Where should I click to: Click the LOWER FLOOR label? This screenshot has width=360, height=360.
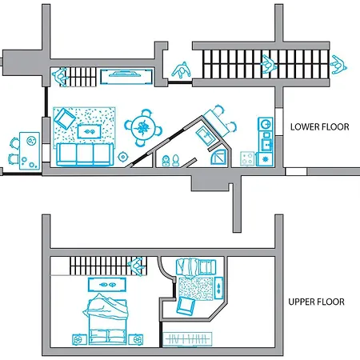click(320, 127)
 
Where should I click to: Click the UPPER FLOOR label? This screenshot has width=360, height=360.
click(316, 302)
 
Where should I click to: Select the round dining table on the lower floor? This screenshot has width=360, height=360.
click(143, 128)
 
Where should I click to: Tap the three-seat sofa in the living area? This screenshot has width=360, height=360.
click(85, 154)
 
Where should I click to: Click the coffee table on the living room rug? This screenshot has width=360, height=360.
click(90, 131)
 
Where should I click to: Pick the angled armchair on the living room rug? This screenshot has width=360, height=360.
click(64, 118)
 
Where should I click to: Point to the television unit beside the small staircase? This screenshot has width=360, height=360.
click(126, 77)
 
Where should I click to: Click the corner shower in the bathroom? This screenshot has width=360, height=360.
click(218, 158)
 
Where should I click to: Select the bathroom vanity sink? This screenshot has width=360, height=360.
click(205, 136)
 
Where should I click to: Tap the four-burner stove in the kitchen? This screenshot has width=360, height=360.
click(248, 158)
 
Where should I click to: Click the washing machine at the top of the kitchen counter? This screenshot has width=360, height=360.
click(266, 124)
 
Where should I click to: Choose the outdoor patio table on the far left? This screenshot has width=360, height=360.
click(30, 151)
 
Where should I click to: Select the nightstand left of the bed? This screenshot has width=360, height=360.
click(79, 340)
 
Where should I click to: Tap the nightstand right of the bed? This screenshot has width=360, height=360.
click(136, 340)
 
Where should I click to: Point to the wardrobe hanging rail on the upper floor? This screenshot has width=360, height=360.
click(187, 339)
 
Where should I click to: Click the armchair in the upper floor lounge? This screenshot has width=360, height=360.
click(186, 306)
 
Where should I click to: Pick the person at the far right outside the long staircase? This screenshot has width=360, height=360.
click(338, 65)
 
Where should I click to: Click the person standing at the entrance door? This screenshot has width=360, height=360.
click(182, 70)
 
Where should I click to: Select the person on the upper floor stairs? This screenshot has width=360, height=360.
click(137, 266)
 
